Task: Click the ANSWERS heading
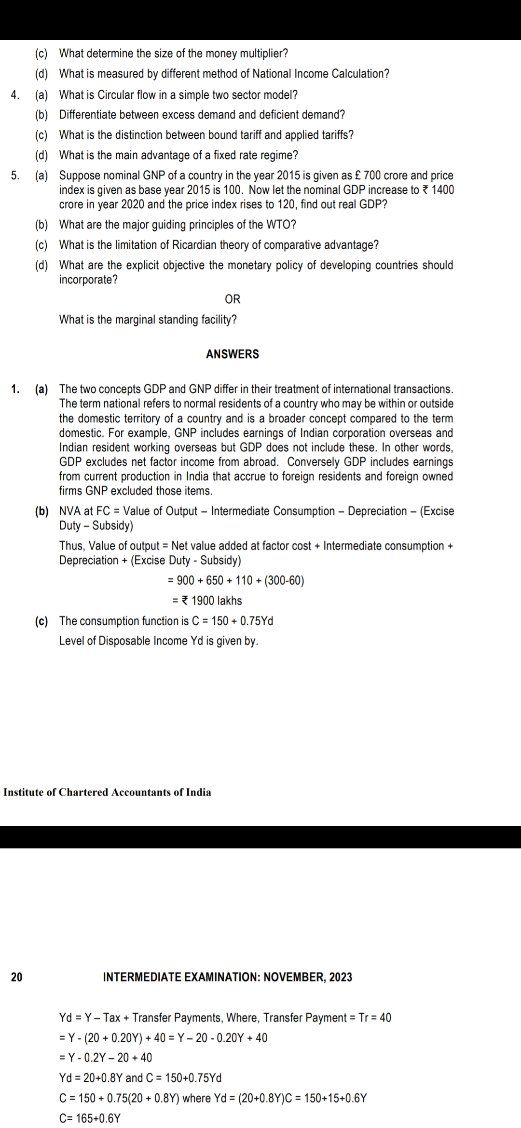tap(232, 354)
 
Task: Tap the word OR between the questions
tap(232, 299)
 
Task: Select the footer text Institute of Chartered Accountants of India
tap(107, 792)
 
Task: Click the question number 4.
tap(15, 94)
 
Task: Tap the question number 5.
tap(15, 175)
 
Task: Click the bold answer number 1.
tap(15, 389)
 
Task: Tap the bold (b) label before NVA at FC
tap(41, 511)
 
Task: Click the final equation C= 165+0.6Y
tap(90, 1118)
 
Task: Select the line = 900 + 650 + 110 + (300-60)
tap(235, 580)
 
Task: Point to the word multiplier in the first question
tap(263, 54)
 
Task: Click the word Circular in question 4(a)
tap(115, 94)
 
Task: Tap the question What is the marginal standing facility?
tap(148, 320)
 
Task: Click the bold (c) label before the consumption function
tap(41, 621)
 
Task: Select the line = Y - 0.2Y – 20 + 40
tap(105, 1057)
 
